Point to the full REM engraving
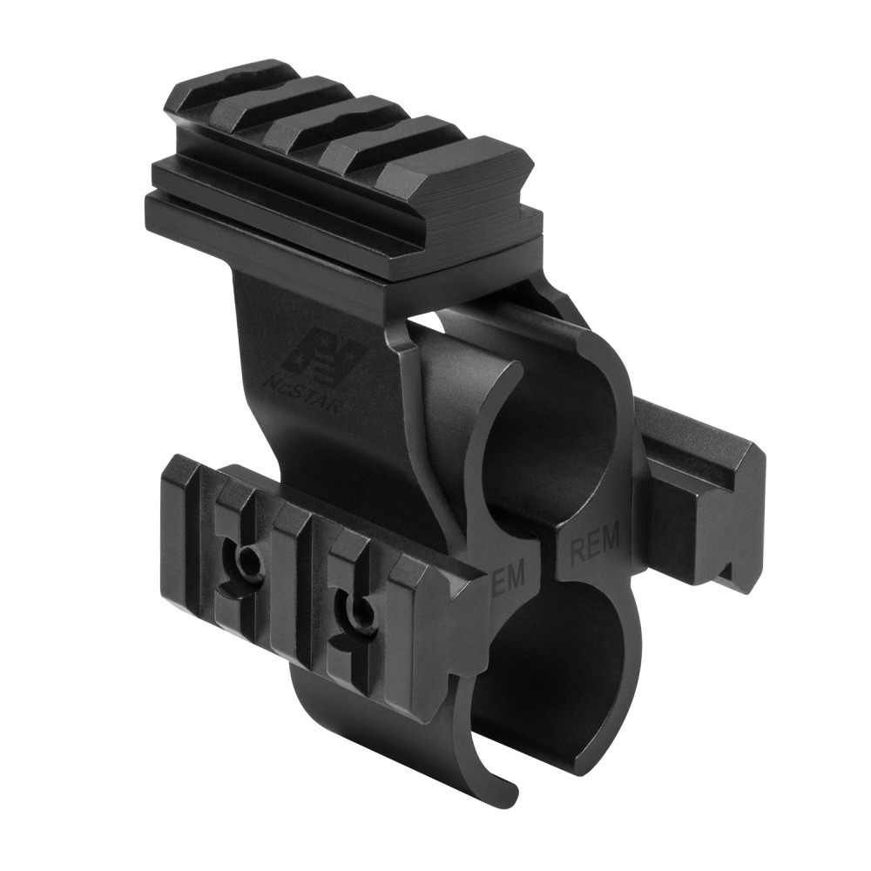tap(593, 547)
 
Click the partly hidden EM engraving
tap(510, 576)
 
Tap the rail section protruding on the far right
tap(706, 488)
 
